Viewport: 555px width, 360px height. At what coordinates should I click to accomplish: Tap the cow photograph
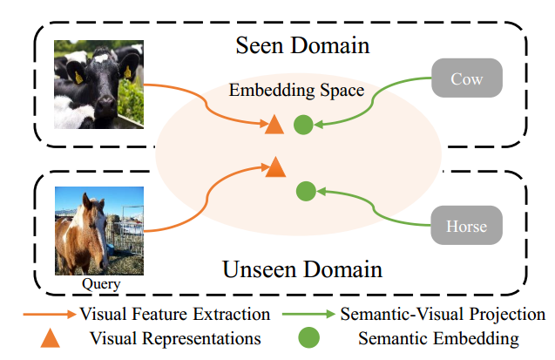[97, 85]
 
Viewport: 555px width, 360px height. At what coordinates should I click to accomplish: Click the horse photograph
[97, 229]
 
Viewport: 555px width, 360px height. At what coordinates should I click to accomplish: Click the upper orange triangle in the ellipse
[274, 125]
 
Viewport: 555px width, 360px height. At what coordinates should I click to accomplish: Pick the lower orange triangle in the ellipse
[275, 166]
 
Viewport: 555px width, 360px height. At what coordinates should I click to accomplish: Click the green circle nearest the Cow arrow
[302, 125]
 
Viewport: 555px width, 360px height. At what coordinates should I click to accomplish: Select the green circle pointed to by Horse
[305, 190]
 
